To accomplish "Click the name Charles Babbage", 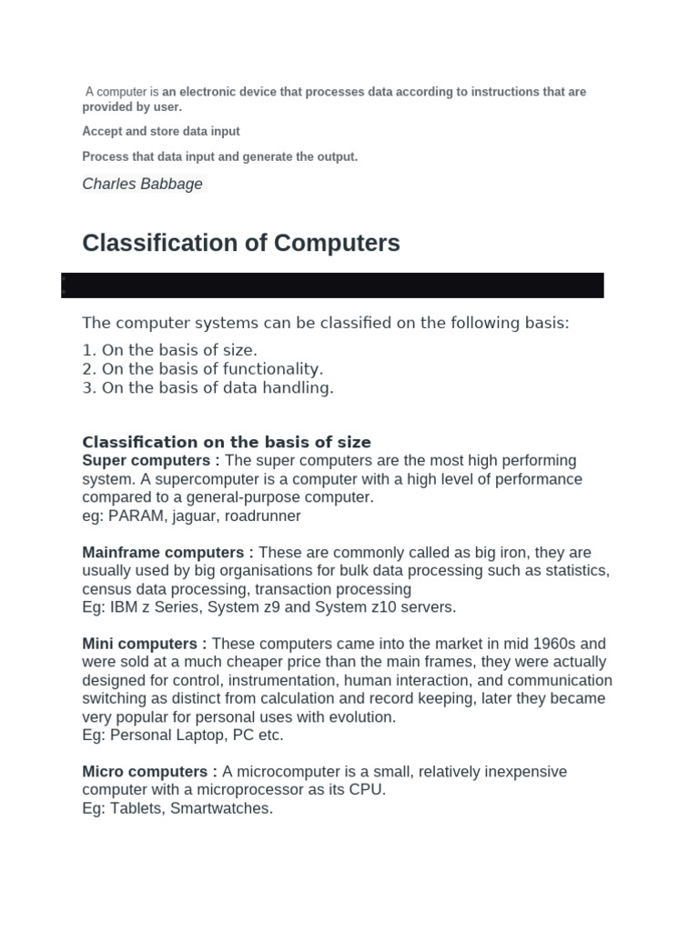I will click(142, 184).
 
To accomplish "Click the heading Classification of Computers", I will click(241, 244).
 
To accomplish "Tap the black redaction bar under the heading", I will click(332, 285).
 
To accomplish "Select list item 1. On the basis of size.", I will click(170, 349).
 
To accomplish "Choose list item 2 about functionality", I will click(203, 368).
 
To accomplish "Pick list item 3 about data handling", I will click(208, 387).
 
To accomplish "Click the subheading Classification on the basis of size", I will click(227, 443).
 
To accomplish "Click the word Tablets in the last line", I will click(132, 808).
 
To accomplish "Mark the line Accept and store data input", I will click(161, 131).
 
